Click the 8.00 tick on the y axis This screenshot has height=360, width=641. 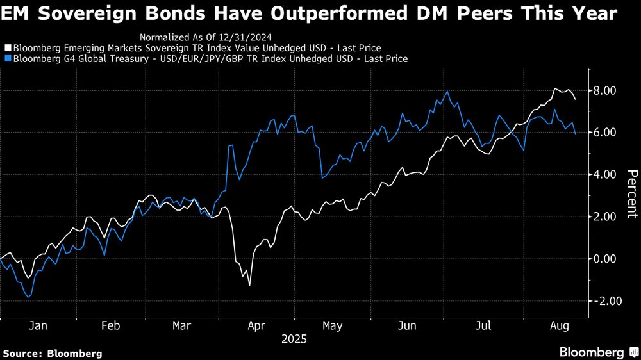point(604,90)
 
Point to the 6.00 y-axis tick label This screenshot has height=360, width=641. point(604,133)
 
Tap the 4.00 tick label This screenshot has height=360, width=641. point(604,174)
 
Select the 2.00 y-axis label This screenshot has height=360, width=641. point(604,217)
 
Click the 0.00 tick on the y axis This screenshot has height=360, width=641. point(604,259)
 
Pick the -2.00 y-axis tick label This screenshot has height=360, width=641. point(603,301)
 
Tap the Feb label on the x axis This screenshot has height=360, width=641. point(111,325)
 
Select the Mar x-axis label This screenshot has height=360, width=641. point(183,325)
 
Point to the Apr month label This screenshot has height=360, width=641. point(257,325)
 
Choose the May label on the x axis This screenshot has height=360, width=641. point(332,325)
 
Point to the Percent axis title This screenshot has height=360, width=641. point(632,194)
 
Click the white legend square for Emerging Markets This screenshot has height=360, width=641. point(7,48)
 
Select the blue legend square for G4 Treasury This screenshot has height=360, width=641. point(7,59)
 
